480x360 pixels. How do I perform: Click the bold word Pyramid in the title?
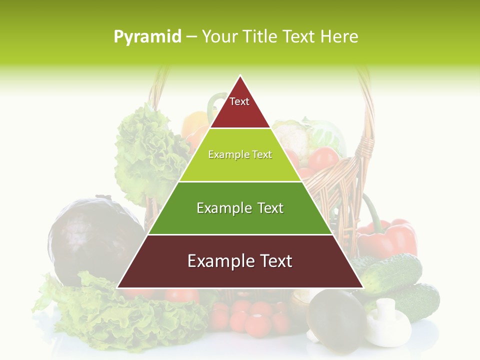pyautogui.click(x=147, y=37)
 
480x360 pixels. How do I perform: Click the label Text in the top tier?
pyautogui.click(x=239, y=101)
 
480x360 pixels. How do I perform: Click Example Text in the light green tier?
pyautogui.click(x=240, y=155)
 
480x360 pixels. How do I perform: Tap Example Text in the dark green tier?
pyautogui.click(x=240, y=208)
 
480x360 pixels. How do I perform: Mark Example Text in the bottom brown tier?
pyautogui.click(x=240, y=261)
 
